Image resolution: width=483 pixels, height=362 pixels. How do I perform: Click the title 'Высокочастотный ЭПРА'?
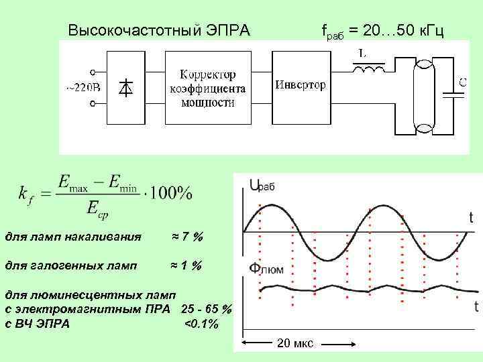159,31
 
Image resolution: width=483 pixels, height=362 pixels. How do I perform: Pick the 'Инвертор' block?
301,86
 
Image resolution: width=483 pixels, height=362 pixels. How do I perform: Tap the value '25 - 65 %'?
207,309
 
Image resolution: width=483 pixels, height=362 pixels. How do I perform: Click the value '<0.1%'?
201,324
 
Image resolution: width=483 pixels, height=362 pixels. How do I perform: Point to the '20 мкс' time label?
294,344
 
